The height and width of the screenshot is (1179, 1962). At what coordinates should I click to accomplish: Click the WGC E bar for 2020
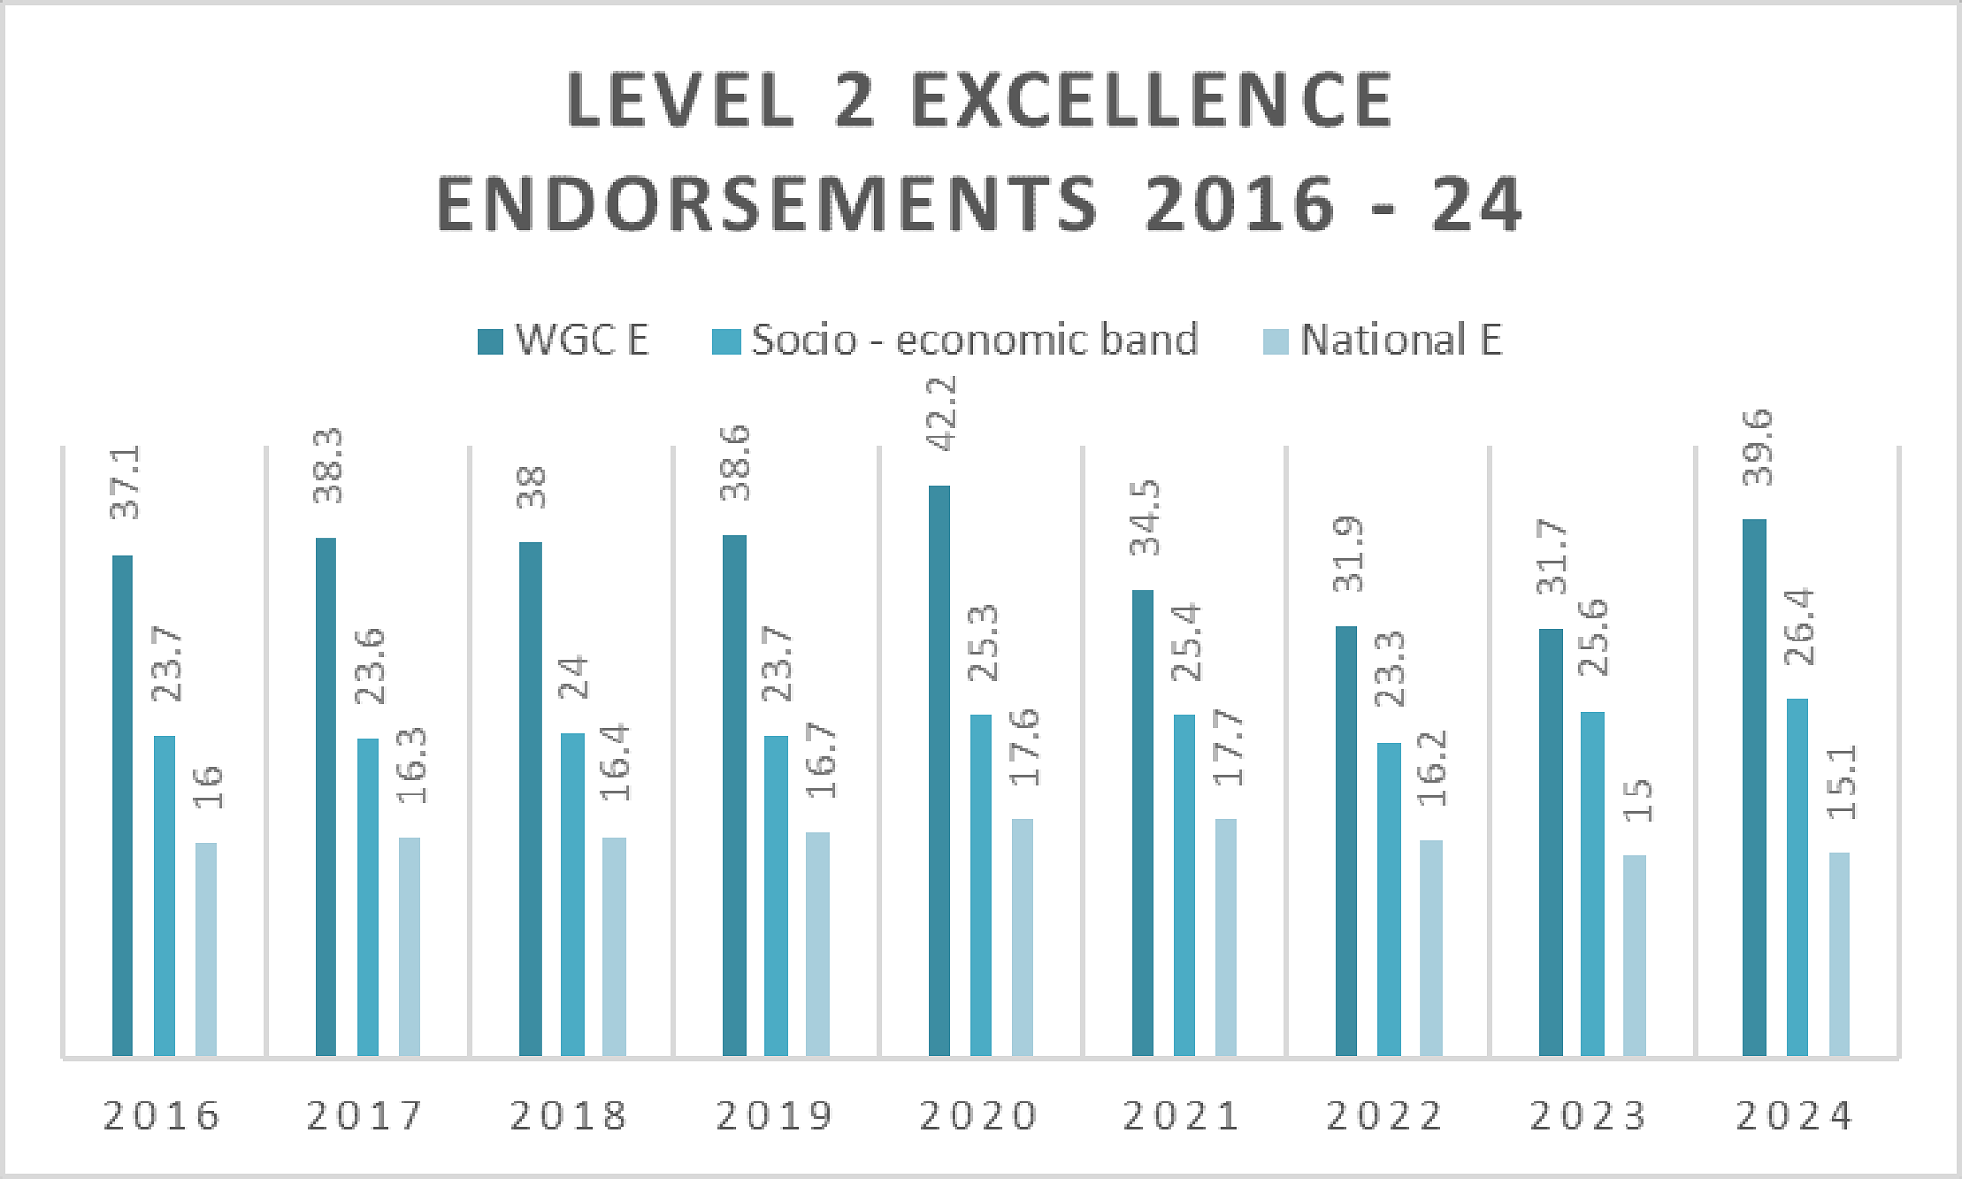[x=939, y=770]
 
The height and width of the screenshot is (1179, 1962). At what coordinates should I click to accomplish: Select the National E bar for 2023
[x=1634, y=955]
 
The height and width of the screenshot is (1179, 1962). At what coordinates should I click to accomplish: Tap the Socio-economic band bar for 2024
[x=1797, y=878]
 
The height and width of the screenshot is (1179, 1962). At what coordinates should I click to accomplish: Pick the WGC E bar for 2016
[x=123, y=805]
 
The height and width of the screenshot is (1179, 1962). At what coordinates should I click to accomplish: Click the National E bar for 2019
[x=817, y=944]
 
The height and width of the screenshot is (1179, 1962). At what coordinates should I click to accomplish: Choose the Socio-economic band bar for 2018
[x=572, y=894]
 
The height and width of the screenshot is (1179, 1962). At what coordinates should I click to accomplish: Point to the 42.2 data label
[x=941, y=414]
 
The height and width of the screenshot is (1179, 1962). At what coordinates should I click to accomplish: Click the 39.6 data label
[x=1757, y=447]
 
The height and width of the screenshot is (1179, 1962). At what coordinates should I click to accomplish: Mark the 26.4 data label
[x=1798, y=628]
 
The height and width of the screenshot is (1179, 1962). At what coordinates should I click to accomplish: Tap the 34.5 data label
[x=1144, y=518]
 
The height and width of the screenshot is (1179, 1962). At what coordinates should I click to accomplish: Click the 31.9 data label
[x=1348, y=554]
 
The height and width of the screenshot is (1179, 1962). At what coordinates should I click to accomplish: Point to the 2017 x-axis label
[x=365, y=1116]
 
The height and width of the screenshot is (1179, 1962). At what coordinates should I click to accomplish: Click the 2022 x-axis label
[x=1385, y=1116]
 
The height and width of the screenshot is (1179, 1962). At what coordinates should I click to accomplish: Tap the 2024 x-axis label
[x=1795, y=1116]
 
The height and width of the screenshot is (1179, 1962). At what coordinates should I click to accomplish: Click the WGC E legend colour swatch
[x=490, y=341]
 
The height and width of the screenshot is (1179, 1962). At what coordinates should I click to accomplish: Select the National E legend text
[x=1401, y=340]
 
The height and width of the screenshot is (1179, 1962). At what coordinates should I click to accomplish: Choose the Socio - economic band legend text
[x=975, y=340]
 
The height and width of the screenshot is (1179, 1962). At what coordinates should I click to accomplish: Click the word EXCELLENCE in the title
[x=1153, y=100]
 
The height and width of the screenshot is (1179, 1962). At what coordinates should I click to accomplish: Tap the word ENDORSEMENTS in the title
[x=767, y=204]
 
